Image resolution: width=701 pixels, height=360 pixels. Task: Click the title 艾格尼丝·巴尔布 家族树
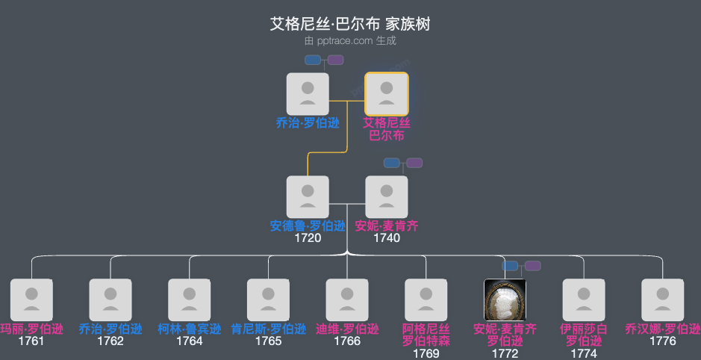pyautogui.click(x=350, y=25)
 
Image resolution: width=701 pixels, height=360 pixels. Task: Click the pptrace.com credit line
pyautogui.click(x=350, y=41)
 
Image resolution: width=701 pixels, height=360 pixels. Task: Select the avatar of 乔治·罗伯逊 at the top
pyautogui.click(x=308, y=93)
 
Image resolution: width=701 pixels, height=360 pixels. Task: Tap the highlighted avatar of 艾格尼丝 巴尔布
pyautogui.click(x=386, y=93)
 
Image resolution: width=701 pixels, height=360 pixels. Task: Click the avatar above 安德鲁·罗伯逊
pyautogui.click(x=308, y=196)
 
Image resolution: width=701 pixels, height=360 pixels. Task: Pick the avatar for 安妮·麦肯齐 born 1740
pyautogui.click(x=386, y=196)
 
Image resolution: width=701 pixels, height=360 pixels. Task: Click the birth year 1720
pyautogui.click(x=308, y=238)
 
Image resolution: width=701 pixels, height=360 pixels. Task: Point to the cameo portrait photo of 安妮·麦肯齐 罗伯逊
pyautogui.click(x=505, y=300)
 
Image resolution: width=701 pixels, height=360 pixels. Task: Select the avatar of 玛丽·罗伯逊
pyautogui.click(x=31, y=300)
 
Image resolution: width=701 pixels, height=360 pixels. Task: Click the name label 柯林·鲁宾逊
pyautogui.click(x=189, y=329)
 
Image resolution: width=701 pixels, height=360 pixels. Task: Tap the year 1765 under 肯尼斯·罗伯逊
pyautogui.click(x=268, y=341)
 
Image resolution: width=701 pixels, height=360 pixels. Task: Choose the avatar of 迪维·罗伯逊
pyautogui.click(x=347, y=300)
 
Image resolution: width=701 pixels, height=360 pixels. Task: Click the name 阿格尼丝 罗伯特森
pyautogui.click(x=426, y=335)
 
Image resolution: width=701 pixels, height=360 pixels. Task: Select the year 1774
pyautogui.click(x=584, y=353)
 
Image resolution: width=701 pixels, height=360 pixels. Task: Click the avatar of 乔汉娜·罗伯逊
pyautogui.click(x=663, y=300)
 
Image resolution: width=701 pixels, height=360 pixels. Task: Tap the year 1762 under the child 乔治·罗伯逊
pyautogui.click(x=110, y=341)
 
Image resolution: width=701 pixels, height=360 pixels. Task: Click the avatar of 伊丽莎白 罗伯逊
pyautogui.click(x=584, y=300)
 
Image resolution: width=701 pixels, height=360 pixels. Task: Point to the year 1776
pyautogui.click(x=663, y=341)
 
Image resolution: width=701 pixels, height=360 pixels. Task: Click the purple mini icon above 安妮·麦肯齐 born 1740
pyautogui.click(x=414, y=163)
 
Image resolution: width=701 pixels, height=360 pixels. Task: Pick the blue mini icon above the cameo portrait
pyautogui.click(x=510, y=266)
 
